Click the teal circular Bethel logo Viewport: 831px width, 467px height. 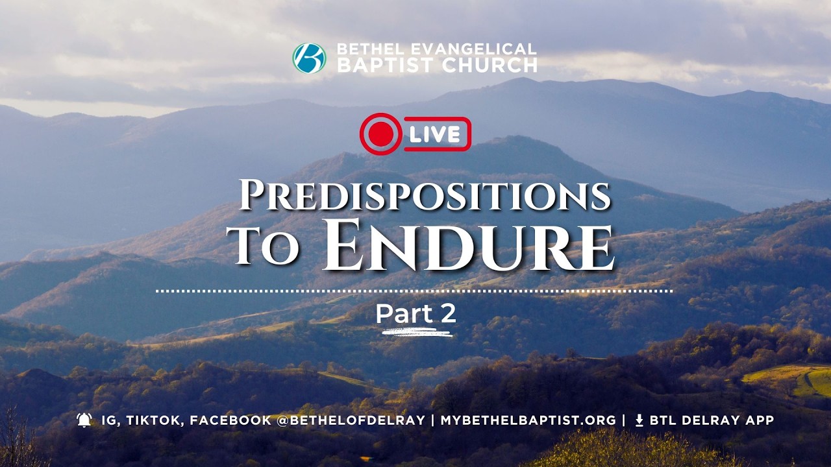pyautogui.click(x=309, y=58)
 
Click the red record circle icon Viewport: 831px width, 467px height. pyautogui.click(x=380, y=134)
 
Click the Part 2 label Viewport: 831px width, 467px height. pyautogui.click(x=415, y=314)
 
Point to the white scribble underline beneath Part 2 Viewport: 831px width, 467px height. pyautogui.click(x=417, y=333)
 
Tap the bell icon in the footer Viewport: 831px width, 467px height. pyautogui.click(x=84, y=420)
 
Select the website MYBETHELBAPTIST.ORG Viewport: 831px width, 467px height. pyautogui.click(x=528, y=420)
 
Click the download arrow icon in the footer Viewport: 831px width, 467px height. pyautogui.click(x=639, y=420)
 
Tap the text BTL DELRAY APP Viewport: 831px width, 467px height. pyautogui.click(x=712, y=420)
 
